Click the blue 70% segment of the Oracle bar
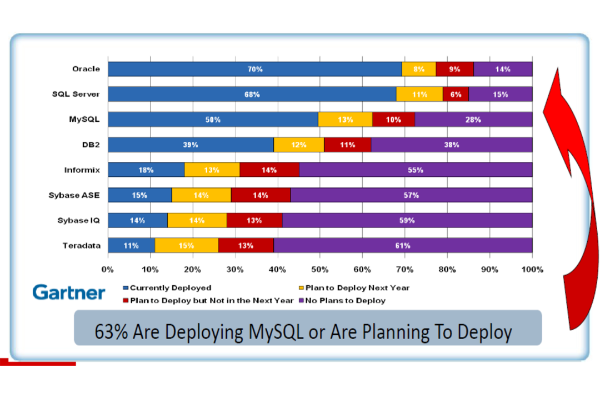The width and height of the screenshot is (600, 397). (x=255, y=70)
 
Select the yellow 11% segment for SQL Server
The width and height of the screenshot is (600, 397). (x=419, y=95)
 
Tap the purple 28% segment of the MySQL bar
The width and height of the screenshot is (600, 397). (x=473, y=120)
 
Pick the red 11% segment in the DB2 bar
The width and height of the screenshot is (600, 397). (x=347, y=145)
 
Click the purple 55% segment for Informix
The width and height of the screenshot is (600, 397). (x=416, y=170)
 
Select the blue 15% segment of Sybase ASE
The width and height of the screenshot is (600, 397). (x=139, y=195)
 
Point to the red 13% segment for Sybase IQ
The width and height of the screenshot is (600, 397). (x=254, y=221)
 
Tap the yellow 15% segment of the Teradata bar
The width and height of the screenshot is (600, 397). (x=186, y=246)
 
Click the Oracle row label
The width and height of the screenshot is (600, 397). (x=86, y=69)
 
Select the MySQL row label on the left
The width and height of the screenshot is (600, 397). (x=84, y=120)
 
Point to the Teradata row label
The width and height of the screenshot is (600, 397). (x=82, y=246)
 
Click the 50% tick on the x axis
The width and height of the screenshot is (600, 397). (x=319, y=270)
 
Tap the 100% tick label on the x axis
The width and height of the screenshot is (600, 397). (x=532, y=270)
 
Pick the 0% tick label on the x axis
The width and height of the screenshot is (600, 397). (x=108, y=270)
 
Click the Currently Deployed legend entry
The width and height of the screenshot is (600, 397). (x=167, y=288)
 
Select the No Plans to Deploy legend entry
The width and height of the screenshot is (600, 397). (x=342, y=300)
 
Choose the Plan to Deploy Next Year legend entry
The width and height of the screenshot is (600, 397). (x=354, y=288)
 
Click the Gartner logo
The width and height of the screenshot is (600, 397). (x=69, y=292)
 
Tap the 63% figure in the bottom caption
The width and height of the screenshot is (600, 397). (x=111, y=331)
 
